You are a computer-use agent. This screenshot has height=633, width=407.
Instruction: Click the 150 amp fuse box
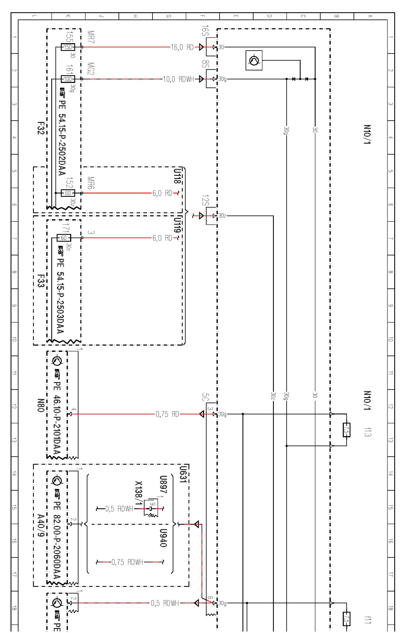tap(68, 47)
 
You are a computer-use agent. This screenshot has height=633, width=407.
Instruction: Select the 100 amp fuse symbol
tap(68, 79)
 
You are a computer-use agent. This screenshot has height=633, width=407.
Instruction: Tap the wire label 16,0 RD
tap(182, 47)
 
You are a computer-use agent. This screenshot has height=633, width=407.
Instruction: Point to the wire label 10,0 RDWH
tap(178, 79)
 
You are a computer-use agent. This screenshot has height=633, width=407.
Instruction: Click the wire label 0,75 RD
tap(167, 414)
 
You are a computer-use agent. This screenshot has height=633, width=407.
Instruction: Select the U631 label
tap(183, 474)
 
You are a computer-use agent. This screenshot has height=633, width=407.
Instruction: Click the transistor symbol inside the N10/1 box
tap(254, 60)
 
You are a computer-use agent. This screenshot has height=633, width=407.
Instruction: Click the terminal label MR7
tap(91, 37)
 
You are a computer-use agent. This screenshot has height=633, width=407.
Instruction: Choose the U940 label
tap(163, 538)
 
